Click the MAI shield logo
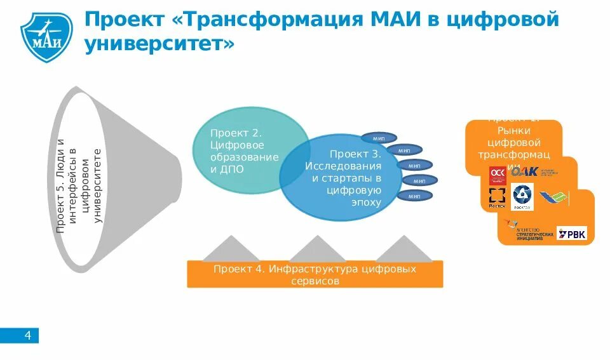[x=46, y=32]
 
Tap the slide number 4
[x=27, y=335]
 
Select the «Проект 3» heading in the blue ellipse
[x=355, y=154]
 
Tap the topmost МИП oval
[x=379, y=138]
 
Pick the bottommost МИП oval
[x=414, y=196]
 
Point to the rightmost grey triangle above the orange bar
[x=403, y=248]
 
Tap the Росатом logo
[x=524, y=197]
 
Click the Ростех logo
[x=496, y=197]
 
